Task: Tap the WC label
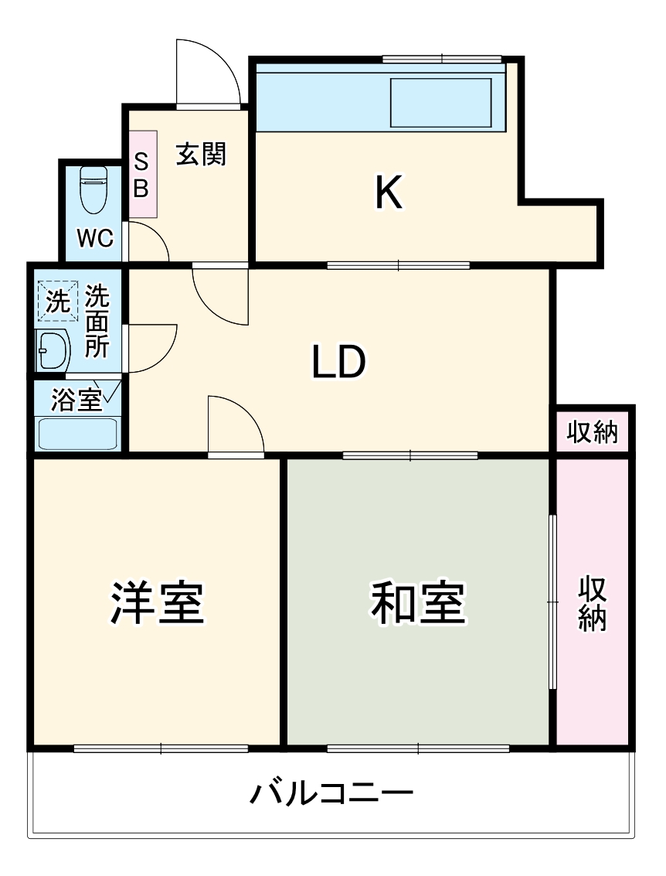95,238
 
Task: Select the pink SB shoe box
142,174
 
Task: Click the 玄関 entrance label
201,155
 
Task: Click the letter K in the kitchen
388,193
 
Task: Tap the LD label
338,361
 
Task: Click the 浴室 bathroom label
76,400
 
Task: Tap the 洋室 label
157,603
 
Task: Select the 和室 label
418,603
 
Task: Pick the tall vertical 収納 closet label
593,603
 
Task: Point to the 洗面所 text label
97,321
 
